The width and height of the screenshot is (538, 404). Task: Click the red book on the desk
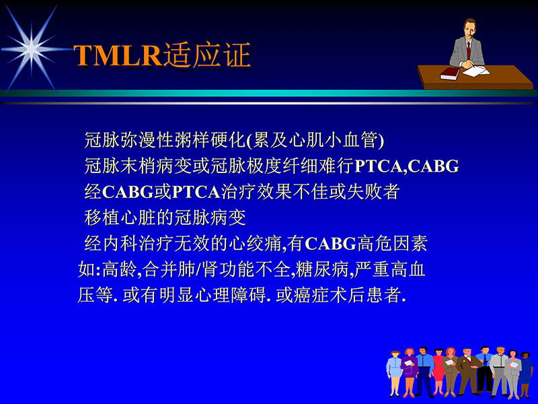(x=450, y=73)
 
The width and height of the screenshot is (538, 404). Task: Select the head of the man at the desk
(x=467, y=29)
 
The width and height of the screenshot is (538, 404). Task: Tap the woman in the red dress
(x=438, y=372)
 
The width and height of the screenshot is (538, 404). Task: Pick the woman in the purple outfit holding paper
(x=409, y=374)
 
